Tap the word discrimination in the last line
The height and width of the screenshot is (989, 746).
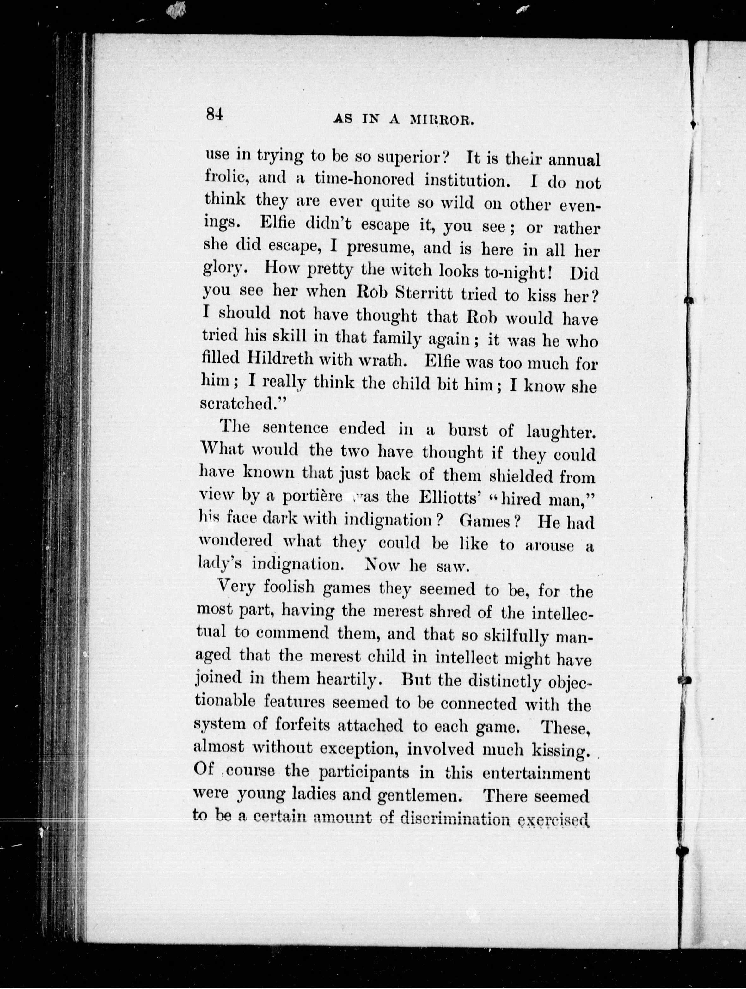(x=452, y=817)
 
